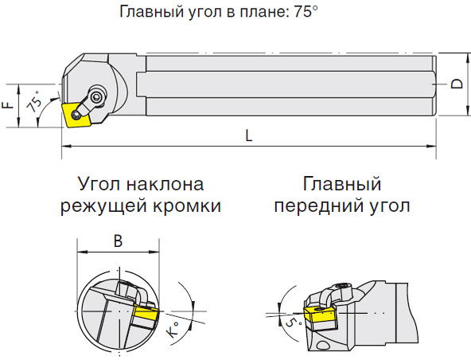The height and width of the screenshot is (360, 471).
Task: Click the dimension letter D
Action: coord(457,84)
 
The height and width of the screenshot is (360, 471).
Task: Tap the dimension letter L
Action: coord(249,135)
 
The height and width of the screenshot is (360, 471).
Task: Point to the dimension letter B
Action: coord(118,241)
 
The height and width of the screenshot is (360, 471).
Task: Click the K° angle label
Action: coord(173,329)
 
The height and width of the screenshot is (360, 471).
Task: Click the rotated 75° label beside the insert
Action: coord(34,101)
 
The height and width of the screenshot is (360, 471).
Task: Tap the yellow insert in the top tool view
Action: coord(76,115)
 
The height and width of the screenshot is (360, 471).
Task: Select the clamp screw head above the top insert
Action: coord(97,96)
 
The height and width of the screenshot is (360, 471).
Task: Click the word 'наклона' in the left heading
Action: coord(165,184)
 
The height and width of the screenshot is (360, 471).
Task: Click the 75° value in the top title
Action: coord(306,12)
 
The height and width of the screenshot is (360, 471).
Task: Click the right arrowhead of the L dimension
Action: coord(432,147)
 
